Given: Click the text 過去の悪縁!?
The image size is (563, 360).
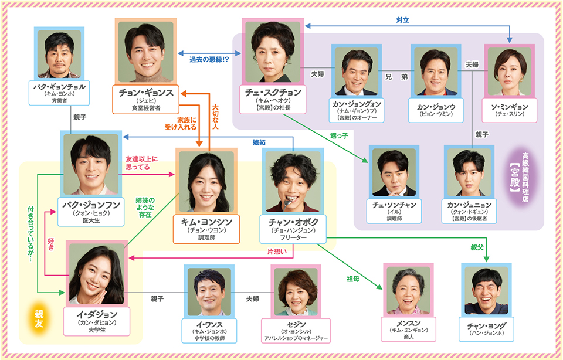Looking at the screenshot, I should pyautogui.click(x=209, y=60).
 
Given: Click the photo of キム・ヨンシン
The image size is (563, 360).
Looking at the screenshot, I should pyautogui.click(x=206, y=182).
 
